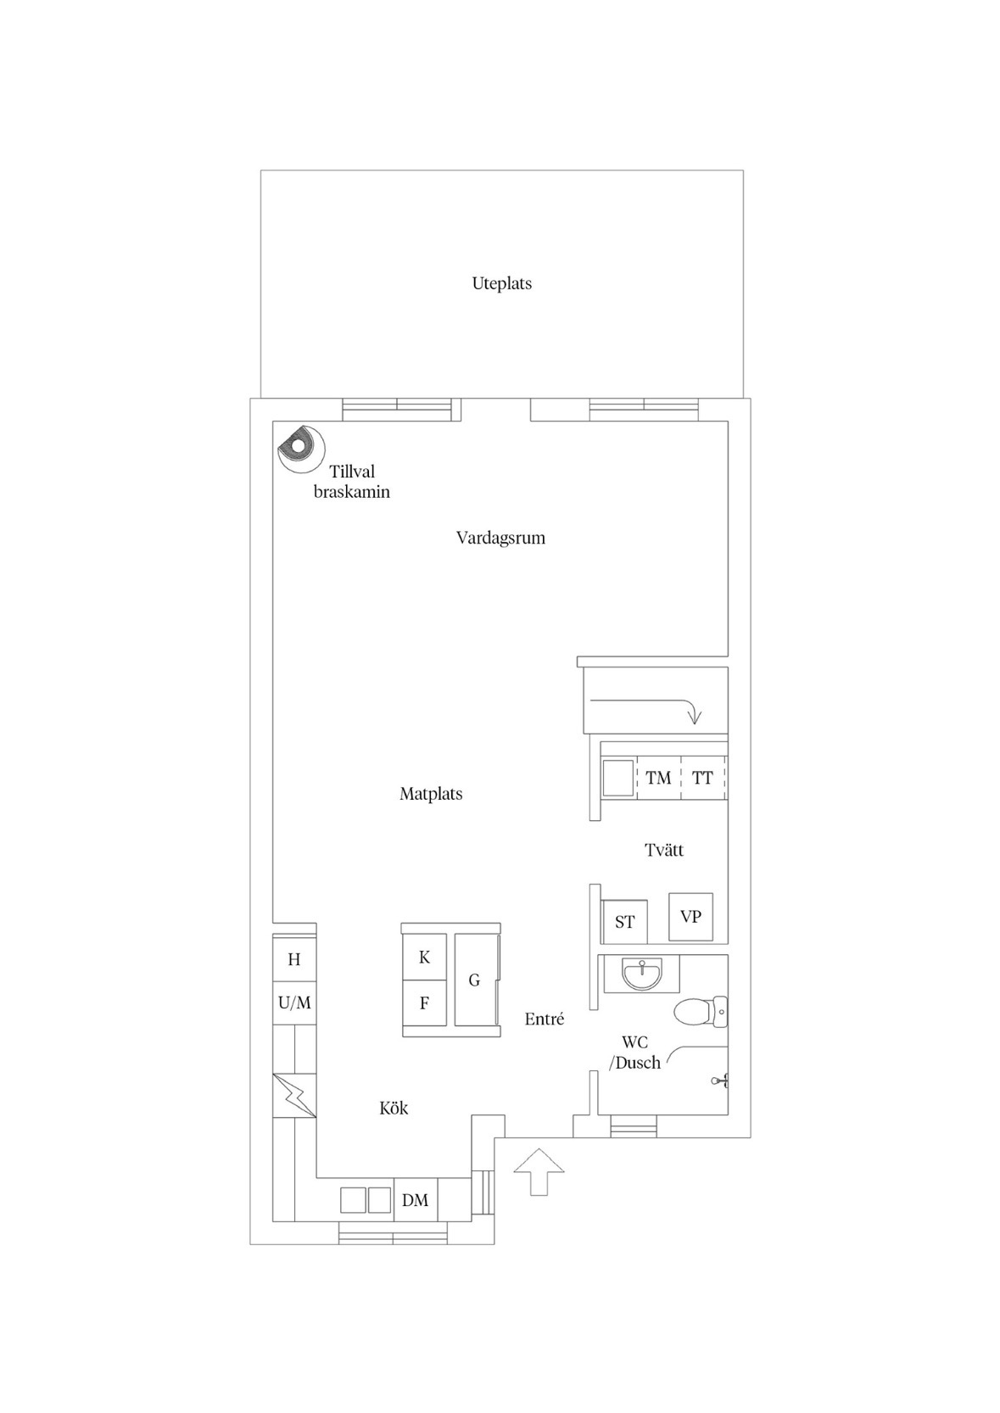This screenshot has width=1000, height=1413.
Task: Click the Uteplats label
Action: click(501, 283)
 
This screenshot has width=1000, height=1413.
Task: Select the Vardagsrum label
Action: click(500, 538)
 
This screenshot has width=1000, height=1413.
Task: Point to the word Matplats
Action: click(431, 794)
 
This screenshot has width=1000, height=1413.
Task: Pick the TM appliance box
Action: click(659, 778)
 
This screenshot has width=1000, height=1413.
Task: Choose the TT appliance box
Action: click(703, 778)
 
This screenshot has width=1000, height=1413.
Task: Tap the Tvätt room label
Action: click(664, 851)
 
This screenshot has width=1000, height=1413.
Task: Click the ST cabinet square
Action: click(624, 922)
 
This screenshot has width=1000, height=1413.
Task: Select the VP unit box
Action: click(691, 917)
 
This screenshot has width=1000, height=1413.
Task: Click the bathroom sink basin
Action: click(642, 975)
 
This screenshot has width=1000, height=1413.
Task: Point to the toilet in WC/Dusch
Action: click(701, 1012)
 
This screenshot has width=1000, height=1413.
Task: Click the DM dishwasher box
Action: click(415, 1199)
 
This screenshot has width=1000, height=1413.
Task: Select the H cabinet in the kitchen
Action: click(294, 959)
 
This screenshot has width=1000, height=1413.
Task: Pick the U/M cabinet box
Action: click(294, 1003)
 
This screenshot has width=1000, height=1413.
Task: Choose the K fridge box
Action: click(425, 957)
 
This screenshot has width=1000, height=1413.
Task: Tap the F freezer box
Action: click(425, 1003)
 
